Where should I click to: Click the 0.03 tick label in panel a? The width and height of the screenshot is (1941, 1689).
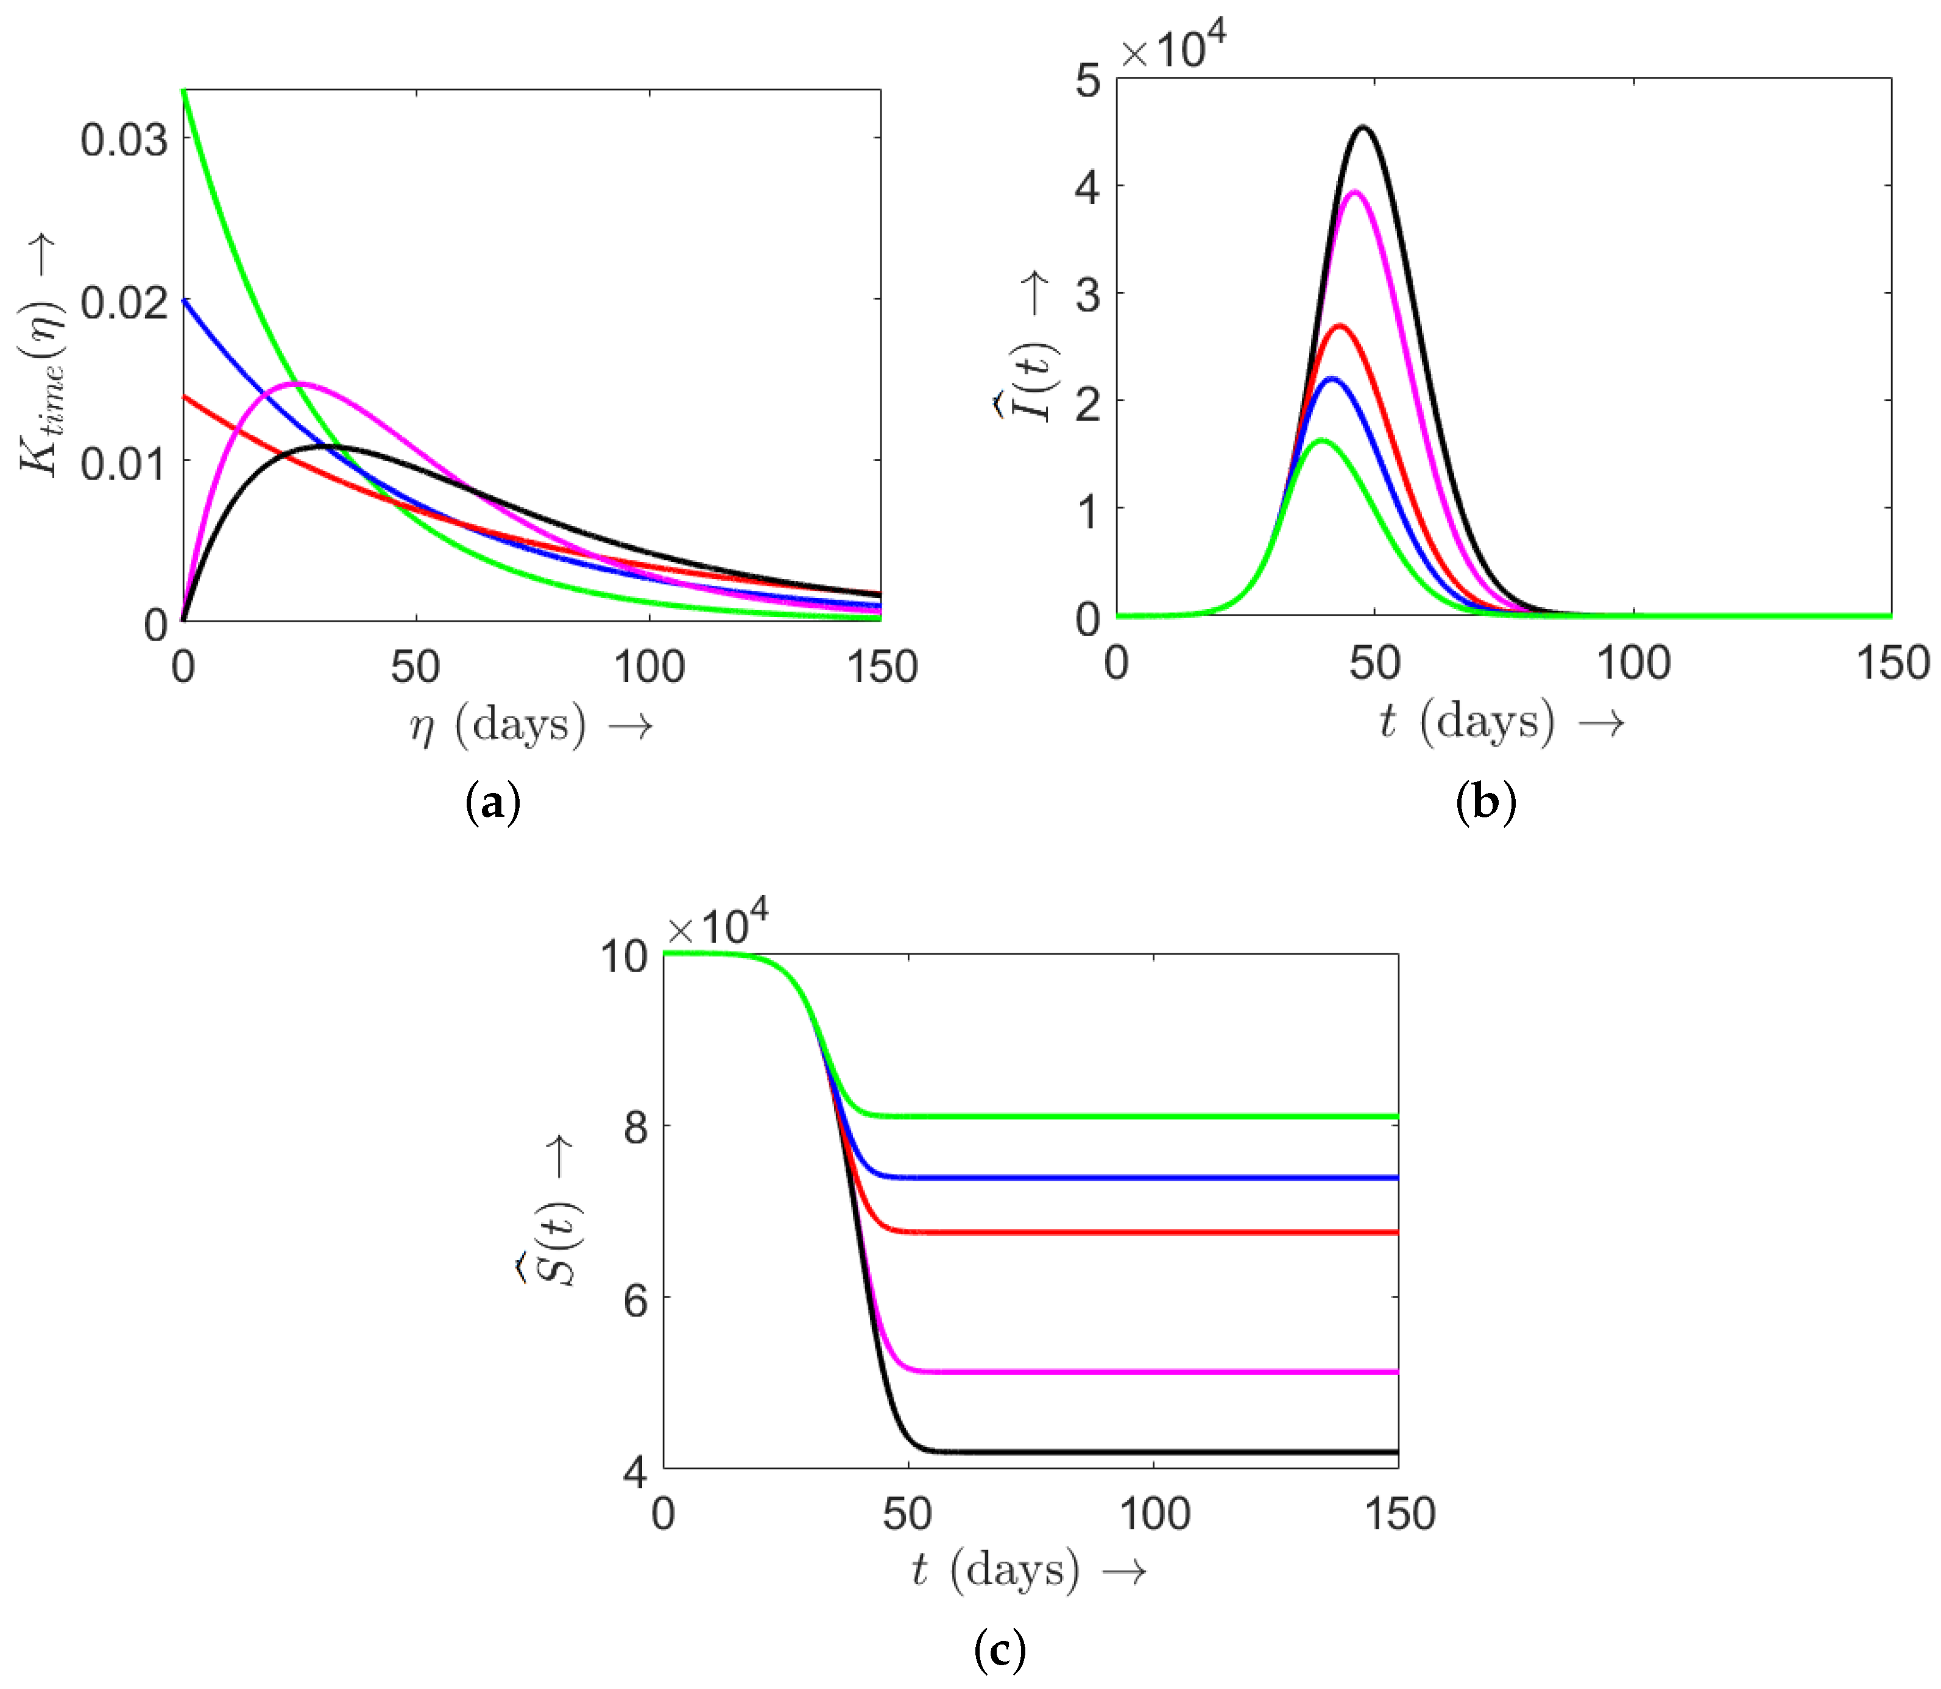[x=124, y=140]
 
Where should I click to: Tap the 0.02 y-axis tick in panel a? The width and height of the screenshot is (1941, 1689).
[x=124, y=302]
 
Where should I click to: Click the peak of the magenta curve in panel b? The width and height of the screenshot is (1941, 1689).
[x=1355, y=192]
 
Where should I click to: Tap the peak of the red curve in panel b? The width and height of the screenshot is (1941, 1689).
[x=1339, y=326]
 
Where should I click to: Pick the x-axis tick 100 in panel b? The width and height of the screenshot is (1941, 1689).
[x=1633, y=663]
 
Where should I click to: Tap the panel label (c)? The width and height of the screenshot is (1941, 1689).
[x=999, y=1649]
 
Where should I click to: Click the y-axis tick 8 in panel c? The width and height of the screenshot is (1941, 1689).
[x=636, y=1126]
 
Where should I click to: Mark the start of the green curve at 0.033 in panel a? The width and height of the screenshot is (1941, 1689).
[x=184, y=91]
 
